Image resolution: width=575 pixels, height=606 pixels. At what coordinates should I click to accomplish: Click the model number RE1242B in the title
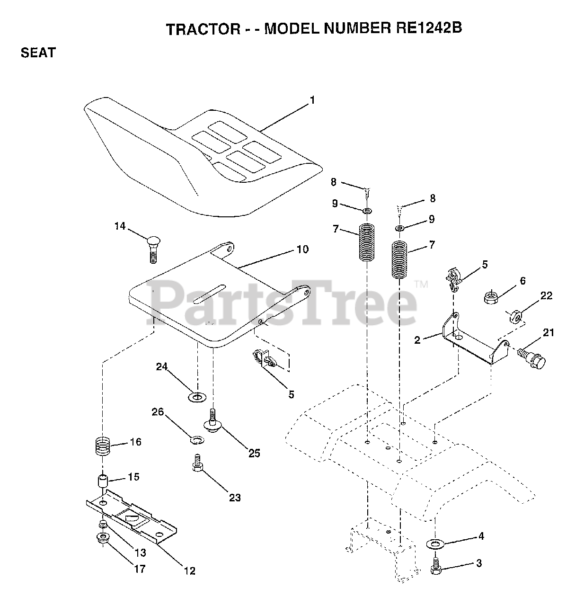pyautogui.click(x=427, y=28)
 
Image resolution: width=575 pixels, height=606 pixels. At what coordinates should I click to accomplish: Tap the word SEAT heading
pyautogui.click(x=38, y=53)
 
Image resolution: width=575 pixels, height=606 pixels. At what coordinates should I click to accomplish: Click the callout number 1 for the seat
pyautogui.click(x=312, y=100)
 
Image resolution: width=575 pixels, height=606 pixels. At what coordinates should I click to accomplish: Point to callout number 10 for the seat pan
pyautogui.click(x=302, y=249)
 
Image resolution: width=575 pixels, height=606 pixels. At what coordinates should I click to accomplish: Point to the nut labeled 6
pyautogui.click(x=491, y=298)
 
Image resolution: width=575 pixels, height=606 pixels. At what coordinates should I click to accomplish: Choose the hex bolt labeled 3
pyautogui.click(x=435, y=568)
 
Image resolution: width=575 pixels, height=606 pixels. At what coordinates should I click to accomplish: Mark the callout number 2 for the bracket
pyautogui.click(x=417, y=340)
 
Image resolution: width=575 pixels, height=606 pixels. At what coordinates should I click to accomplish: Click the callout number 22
pyautogui.click(x=546, y=295)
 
